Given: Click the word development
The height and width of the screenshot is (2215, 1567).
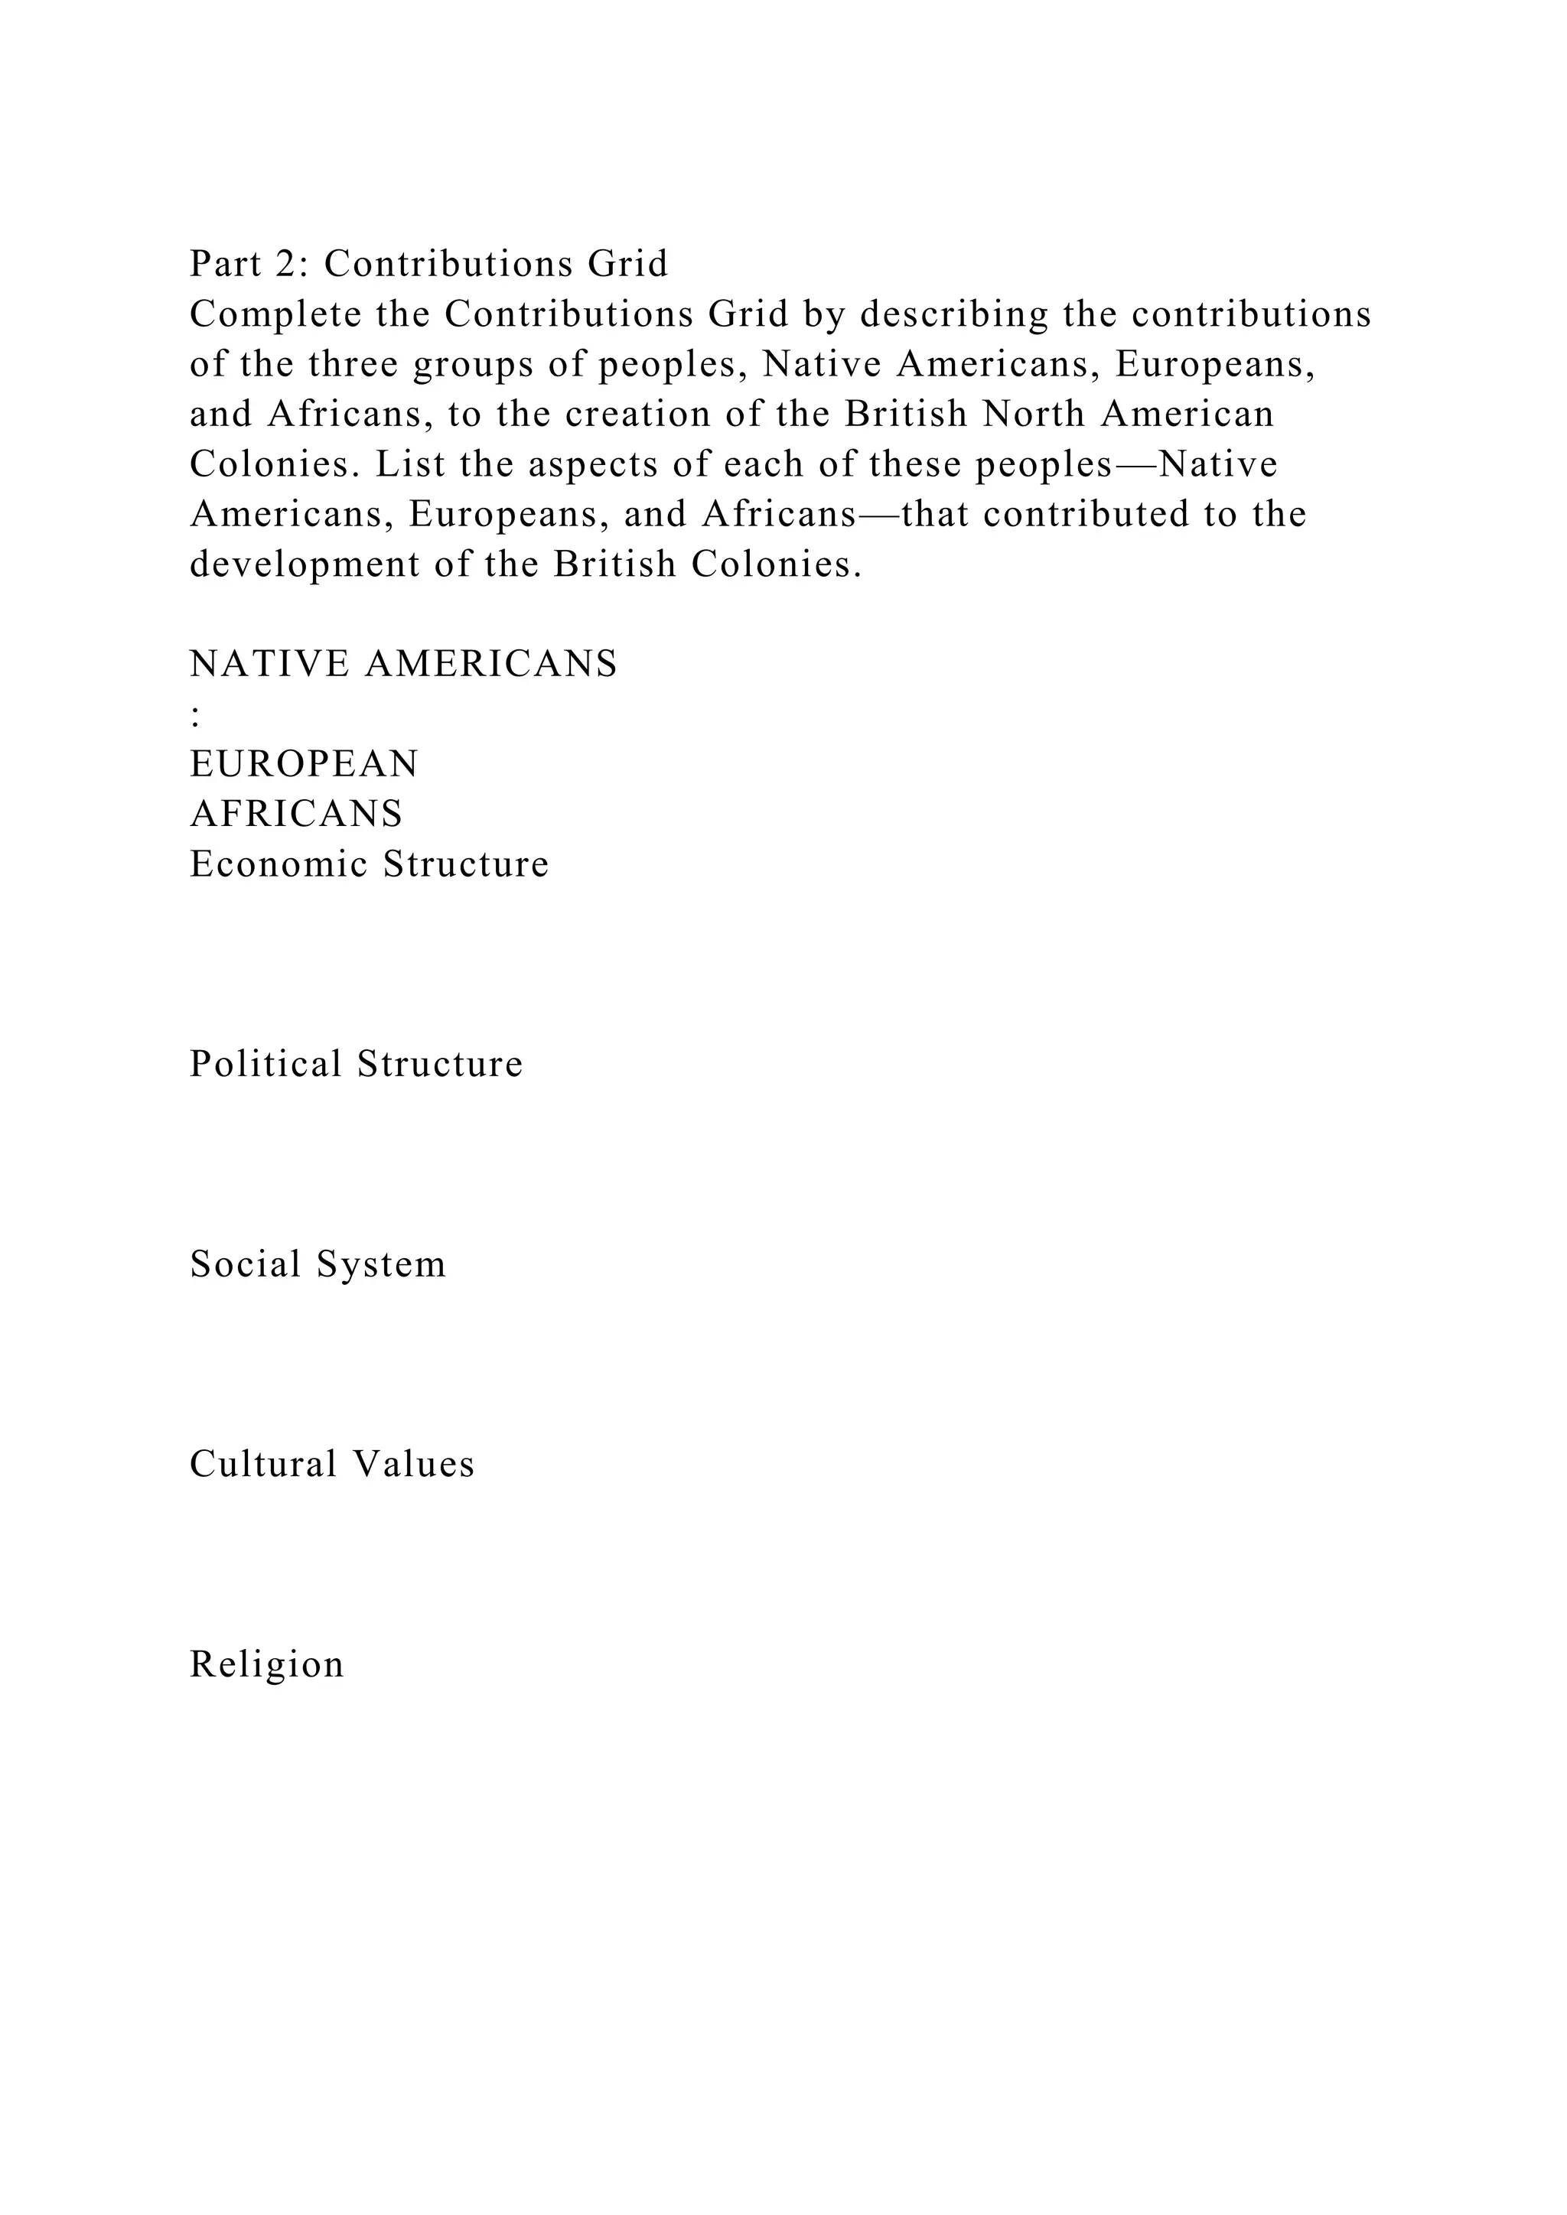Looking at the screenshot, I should [x=304, y=565].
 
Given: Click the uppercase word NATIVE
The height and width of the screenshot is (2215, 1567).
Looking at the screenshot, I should [x=269, y=665].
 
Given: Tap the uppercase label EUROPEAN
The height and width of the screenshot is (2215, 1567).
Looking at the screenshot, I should [x=304, y=765].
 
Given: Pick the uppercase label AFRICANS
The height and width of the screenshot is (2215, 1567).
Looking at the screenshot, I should [x=296, y=815].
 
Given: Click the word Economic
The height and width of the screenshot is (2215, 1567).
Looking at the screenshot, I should [x=278, y=864].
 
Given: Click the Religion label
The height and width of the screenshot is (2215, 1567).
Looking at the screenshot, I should [x=266, y=1666].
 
